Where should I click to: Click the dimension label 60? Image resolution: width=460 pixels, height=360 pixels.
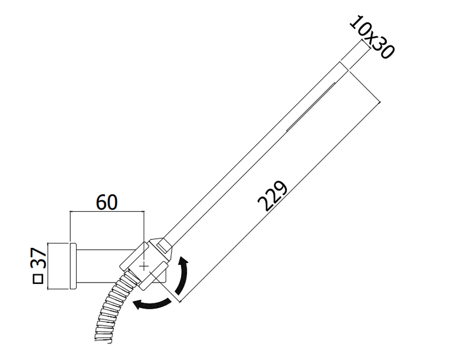point(107,202)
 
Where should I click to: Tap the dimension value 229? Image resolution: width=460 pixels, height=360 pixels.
point(272,196)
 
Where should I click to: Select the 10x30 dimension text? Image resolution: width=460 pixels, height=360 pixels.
point(372,37)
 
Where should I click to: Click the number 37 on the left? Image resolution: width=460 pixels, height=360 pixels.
point(39,258)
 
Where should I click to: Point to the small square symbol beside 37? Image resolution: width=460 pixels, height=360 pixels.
point(38,279)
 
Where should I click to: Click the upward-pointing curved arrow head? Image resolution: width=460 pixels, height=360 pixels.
point(184,262)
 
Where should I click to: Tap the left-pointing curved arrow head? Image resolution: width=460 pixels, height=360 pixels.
point(137,305)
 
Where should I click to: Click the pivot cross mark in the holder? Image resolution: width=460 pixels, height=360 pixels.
point(144,266)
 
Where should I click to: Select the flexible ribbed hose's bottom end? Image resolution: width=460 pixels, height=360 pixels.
point(103,339)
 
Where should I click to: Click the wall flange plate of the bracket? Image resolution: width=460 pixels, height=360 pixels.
point(73,266)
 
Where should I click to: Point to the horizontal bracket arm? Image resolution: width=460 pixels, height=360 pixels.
point(106,267)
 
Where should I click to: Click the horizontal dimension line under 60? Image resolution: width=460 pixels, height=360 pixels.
point(107,211)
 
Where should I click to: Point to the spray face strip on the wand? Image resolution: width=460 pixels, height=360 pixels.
point(311,107)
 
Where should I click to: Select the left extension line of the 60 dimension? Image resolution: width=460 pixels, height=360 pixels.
point(70,227)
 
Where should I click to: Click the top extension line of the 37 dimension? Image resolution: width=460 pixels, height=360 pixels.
point(58,243)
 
